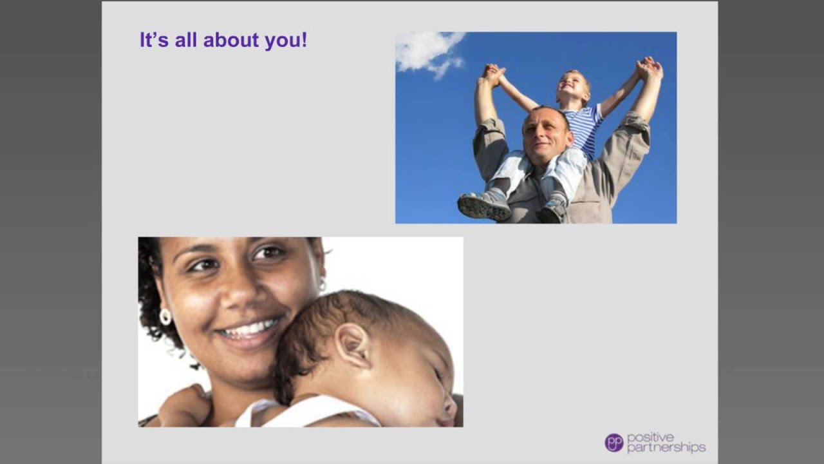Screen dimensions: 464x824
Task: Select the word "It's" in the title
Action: tap(153, 41)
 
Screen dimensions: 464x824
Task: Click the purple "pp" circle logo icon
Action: tap(613, 443)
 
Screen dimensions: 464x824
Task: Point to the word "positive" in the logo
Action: tap(651, 437)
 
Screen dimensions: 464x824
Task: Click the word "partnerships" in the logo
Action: tap(666, 447)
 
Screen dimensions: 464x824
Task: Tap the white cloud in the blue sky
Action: tap(427, 50)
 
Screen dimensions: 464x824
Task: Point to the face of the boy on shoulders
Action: tap(572, 88)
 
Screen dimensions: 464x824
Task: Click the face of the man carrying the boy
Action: tap(546, 133)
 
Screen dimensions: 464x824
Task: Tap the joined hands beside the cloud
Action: tap(493, 74)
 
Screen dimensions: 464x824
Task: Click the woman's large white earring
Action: tap(165, 316)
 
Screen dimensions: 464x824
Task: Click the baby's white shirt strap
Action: tap(251, 412)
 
